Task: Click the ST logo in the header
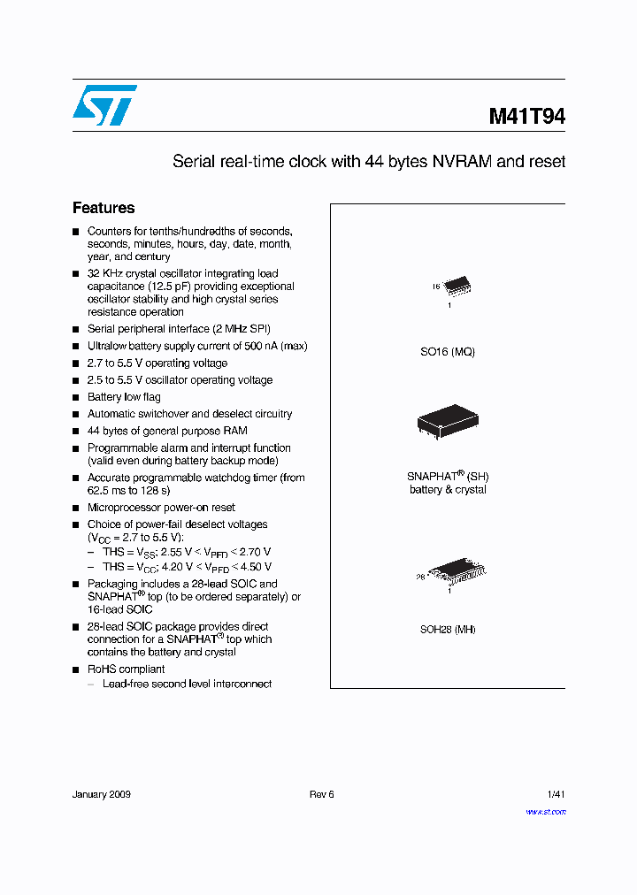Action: [104, 104]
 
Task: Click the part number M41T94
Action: [526, 117]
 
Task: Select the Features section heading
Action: [104, 208]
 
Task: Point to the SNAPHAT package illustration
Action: [449, 423]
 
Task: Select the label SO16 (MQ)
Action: [448, 352]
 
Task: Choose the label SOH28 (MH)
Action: [448, 630]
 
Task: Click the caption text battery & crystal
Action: [448, 490]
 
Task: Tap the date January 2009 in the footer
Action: [102, 794]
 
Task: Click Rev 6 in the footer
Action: [322, 794]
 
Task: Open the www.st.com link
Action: [546, 811]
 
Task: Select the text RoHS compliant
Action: [126, 669]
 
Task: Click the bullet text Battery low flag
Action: [124, 397]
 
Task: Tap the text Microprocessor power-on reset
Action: [161, 508]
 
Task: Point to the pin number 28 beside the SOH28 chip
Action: [421, 576]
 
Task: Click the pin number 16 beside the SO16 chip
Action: [435, 287]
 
